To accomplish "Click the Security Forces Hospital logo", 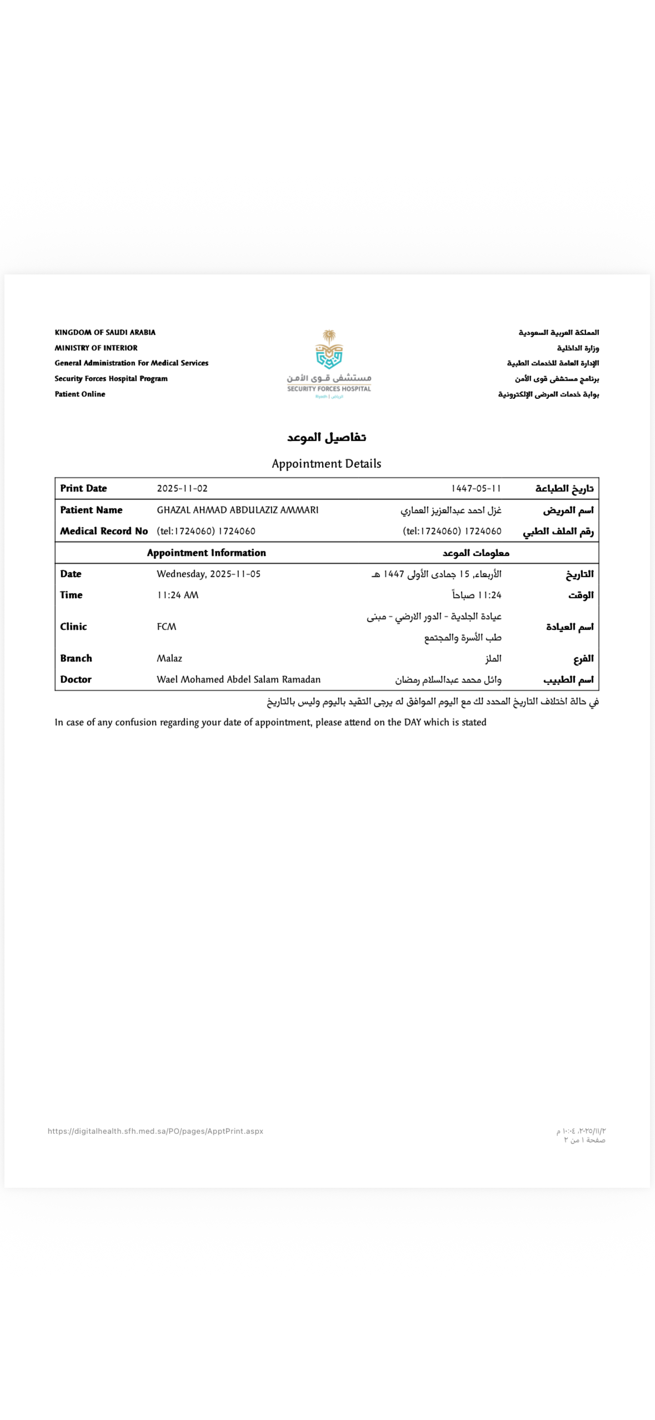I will pos(329,364).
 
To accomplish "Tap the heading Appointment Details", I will pos(326,463).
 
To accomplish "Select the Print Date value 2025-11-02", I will pos(182,488).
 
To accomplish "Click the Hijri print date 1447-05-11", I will pos(476,488).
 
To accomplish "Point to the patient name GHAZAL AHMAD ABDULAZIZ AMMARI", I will pos(238,509).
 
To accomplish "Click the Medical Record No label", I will pos(104,531).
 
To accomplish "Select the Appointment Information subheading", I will pos(206,552).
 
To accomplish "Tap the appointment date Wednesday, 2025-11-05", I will pos(208,574).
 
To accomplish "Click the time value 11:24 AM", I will pos(177,595).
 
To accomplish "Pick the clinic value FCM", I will pos(166,627).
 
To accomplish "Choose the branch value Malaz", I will pos(169,658).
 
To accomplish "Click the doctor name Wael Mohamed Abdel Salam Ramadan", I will pos(238,679).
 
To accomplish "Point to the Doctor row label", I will pos(76,679).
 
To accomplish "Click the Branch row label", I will pos(76,658).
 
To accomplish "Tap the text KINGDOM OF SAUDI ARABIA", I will pos(105,332).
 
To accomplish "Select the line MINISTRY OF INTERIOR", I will pos(96,348).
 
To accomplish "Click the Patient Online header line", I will pos(80,394).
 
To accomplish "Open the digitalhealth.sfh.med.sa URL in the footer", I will pos(156,1131).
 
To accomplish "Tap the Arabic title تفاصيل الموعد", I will pos(326,438).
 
